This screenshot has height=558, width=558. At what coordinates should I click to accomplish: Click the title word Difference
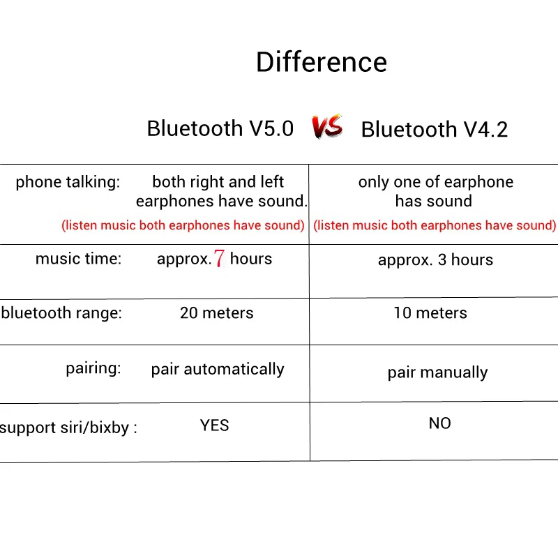pyautogui.click(x=322, y=62)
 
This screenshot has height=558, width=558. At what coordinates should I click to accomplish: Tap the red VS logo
pyautogui.click(x=327, y=127)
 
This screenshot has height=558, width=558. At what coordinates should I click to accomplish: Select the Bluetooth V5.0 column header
pyautogui.click(x=220, y=128)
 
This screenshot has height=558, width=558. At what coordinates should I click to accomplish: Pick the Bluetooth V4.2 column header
pyautogui.click(x=435, y=129)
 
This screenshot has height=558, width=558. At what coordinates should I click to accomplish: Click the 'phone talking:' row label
pyautogui.click(x=68, y=182)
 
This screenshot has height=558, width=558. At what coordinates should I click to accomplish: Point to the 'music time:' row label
pyautogui.click(x=78, y=259)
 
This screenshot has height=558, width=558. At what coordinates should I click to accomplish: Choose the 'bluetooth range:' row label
pyautogui.click(x=61, y=313)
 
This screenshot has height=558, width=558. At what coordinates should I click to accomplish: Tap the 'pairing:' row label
pyautogui.click(x=93, y=368)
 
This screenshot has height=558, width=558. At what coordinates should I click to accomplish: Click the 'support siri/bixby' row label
pyautogui.click(x=68, y=428)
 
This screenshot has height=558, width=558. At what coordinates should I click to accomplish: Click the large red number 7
pyautogui.click(x=219, y=258)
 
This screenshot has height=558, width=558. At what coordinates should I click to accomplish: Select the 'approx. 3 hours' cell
pyautogui.click(x=435, y=260)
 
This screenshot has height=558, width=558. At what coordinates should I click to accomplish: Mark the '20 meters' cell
pyautogui.click(x=217, y=313)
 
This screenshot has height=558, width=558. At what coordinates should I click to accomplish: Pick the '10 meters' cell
pyautogui.click(x=430, y=313)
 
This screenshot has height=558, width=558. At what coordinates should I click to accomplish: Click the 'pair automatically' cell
pyautogui.click(x=218, y=369)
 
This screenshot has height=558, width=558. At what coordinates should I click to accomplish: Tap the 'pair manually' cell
pyautogui.click(x=438, y=372)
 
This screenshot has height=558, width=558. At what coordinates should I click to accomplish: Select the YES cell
pyautogui.click(x=214, y=425)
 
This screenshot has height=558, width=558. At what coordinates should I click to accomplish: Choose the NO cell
pyautogui.click(x=440, y=423)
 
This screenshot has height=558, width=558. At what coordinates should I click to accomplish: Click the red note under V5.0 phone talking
pyautogui.click(x=183, y=225)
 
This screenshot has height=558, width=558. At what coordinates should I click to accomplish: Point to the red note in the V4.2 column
pyautogui.click(x=435, y=225)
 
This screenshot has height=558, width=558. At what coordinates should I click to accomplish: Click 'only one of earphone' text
pyautogui.click(x=436, y=182)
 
